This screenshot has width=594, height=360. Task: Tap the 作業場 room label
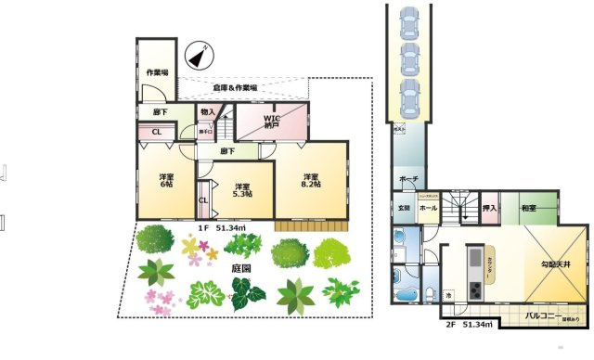click(156, 72)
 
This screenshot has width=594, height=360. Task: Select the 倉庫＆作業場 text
click(235, 87)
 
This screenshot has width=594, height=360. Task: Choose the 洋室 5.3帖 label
click(244, 190)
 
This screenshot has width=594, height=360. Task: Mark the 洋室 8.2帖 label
click(311, 180)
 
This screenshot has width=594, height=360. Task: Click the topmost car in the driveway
click(409, 20)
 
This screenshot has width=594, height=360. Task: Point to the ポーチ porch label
click(408, 180)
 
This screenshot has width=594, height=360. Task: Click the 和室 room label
click(530, 209)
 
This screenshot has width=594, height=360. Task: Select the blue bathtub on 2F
click(406, 295)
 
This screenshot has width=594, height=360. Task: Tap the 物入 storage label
click(208, 112)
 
